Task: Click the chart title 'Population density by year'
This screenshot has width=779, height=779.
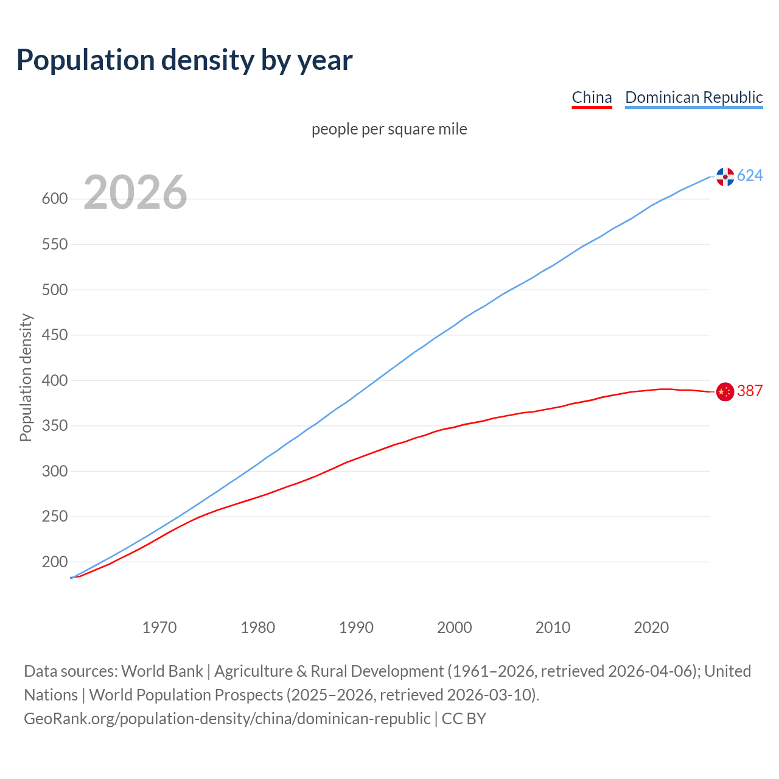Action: coord(184,60)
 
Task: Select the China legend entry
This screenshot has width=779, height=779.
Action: coord(592,97)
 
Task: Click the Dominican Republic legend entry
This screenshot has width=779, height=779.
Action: coord(694,97)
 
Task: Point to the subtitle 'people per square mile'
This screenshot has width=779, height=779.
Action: coord(389,130)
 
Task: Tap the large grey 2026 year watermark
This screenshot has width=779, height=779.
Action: coord(135,192)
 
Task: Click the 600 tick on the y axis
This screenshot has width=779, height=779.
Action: coord(54,199)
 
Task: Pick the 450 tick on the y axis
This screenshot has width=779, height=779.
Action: coord(54,335)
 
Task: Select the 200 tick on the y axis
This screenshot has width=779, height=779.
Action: coord(54,562)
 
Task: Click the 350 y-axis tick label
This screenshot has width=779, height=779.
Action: coord(54,426)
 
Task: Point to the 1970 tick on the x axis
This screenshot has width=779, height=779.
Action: coord(159,627)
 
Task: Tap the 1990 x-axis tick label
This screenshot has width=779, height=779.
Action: coord(356,627)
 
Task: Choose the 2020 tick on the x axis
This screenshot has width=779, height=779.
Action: coord(651,627)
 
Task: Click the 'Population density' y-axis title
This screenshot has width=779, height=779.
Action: coord(26,377)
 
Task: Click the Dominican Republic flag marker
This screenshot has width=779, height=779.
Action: coord(725,176)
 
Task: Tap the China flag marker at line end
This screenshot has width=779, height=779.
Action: coord(725,392)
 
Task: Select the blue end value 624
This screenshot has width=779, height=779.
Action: coord(750,176)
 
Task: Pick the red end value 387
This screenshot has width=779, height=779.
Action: coord(750,391)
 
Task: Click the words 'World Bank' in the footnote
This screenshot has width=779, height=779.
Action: coord(162,671)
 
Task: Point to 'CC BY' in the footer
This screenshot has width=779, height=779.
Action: coord(464,719)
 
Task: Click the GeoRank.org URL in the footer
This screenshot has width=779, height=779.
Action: coord(227,719)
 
